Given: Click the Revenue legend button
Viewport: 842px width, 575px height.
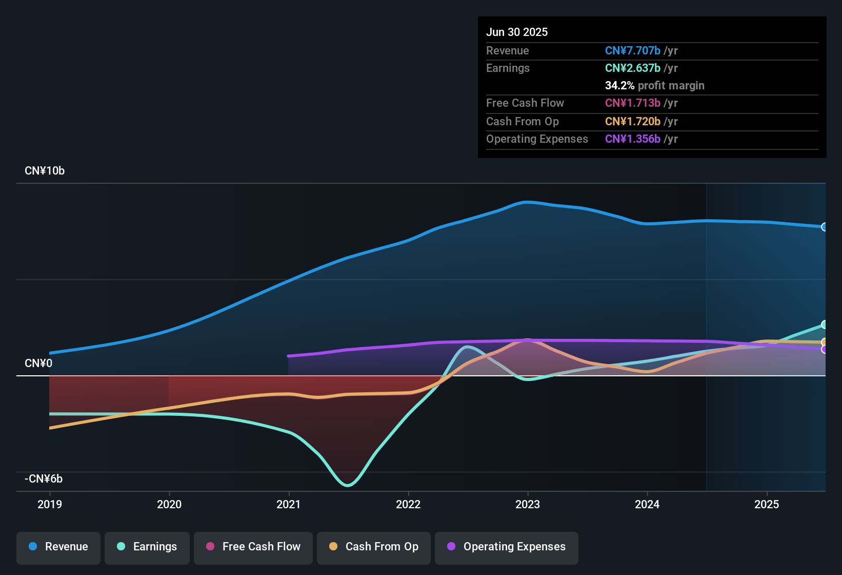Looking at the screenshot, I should [58, 547].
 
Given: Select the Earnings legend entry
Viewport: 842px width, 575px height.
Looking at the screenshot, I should [147, 547].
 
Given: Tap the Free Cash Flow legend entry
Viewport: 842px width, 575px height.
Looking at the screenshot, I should [253, 547].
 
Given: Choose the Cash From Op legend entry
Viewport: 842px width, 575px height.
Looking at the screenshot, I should [374, 547].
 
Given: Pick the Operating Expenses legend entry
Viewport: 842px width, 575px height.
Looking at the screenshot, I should [507, 547].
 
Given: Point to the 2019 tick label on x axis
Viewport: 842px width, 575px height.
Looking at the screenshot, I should [50, 504].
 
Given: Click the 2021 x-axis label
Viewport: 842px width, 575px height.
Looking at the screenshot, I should [289, 504].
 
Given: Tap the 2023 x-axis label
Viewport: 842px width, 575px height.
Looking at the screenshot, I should [528, 504].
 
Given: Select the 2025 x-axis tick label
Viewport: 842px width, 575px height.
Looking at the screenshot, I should [767, 504].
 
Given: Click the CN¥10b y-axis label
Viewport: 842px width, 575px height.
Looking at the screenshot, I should [45, 171].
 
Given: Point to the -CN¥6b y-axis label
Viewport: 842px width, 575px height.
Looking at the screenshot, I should [44, 479].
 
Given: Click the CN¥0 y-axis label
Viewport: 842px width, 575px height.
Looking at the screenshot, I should [38, 363].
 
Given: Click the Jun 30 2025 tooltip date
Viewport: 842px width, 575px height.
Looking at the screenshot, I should [517, 32].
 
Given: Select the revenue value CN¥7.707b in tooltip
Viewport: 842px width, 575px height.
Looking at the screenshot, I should [633, 50].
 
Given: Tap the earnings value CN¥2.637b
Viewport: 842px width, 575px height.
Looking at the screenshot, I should [633, 68].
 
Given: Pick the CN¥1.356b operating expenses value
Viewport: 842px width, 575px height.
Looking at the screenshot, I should [633, 139].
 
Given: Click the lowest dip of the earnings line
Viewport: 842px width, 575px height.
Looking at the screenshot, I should [348, 485].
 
